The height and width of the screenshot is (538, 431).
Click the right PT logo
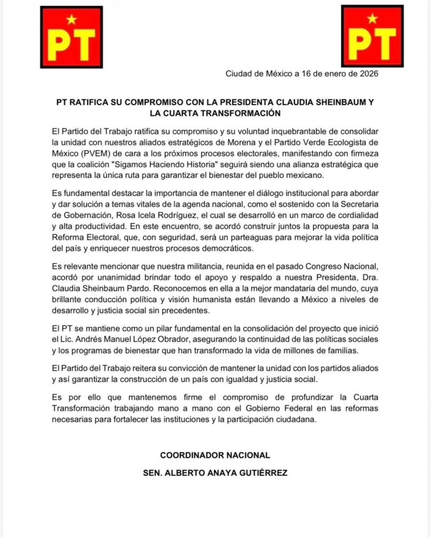pos(372,36)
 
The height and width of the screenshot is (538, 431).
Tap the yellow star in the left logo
pos(71,20)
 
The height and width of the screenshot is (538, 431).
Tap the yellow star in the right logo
pos(372,19)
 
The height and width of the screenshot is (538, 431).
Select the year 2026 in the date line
pos(366,74)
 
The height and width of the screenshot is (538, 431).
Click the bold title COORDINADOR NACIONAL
pos(215,454)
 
